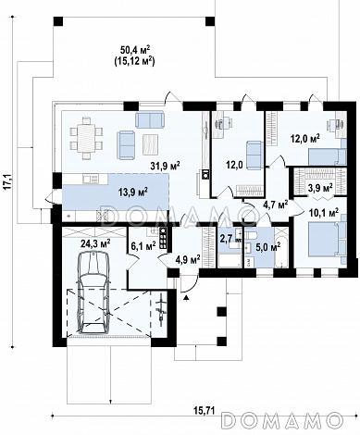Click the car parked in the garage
(93, 292)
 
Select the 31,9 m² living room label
(165, 166)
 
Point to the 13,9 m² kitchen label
(132, 192)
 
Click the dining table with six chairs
(86, 138)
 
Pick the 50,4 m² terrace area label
(135, 49)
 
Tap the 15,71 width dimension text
(205, 410)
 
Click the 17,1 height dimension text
(8, 181)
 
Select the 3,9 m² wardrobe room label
(320, 187)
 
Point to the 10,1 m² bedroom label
(324, 212)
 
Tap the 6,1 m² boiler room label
(143, 245)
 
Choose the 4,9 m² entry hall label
(188, 258)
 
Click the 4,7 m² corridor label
(276, 204)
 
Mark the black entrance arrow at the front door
(186, 297)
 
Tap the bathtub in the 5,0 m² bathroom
(281, 247)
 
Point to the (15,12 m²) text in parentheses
(134, 61)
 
